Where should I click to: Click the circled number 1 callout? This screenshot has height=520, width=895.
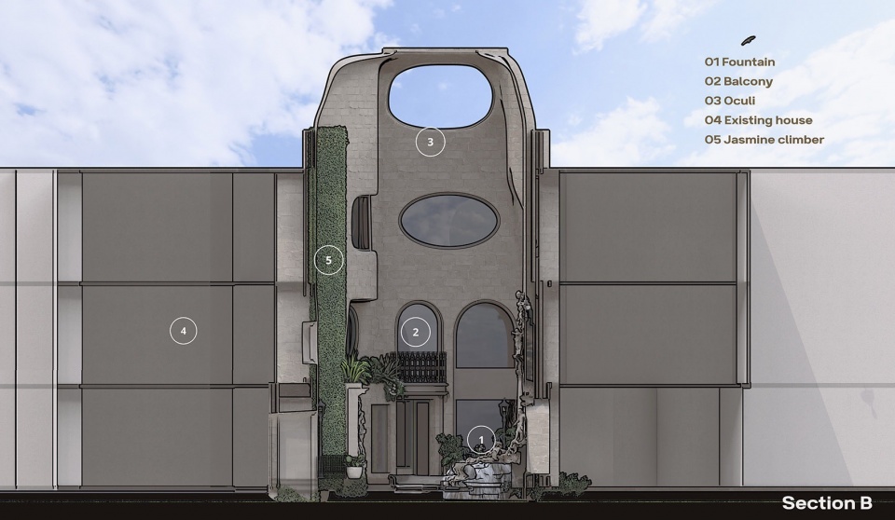click(481, 440)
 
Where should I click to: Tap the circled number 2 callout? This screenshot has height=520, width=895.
click(416, 332)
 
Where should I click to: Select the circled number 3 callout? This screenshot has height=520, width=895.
click(431, 142)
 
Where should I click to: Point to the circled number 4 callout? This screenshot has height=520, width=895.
click(184, 331)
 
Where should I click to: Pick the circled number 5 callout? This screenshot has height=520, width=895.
click(329, 260)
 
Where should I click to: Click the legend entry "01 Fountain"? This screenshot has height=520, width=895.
click(739, 62)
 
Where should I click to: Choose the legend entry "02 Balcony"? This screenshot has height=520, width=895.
click(738, 81)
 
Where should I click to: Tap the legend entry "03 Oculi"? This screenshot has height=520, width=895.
click(729, 101)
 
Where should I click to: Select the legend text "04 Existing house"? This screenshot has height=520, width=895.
click(758, 120)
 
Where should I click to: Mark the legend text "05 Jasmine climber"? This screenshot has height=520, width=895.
click(764, 139)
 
